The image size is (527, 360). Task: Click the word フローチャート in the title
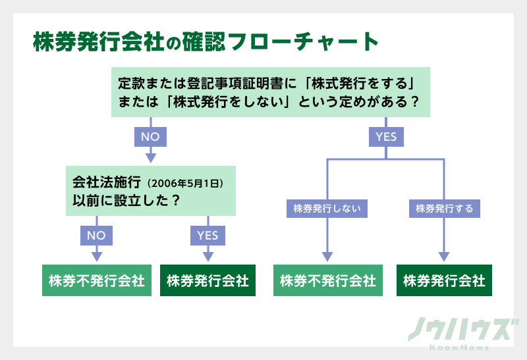click(315, 43)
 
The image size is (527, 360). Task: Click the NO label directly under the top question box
click(150, 137)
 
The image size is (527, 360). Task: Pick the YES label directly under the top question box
click(386, 137)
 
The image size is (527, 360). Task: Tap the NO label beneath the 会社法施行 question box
click(96, 234)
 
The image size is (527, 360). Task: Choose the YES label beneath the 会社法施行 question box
click(208, 234)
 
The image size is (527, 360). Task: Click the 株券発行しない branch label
click(327, 209)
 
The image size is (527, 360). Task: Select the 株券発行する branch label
click(445, 209)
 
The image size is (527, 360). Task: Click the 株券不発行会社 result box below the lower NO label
click(97, 280)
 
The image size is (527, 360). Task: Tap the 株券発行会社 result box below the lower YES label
click(208, 280)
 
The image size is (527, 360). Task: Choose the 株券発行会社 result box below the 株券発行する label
click(445, 280)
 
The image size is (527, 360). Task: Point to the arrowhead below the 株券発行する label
click(445, 255)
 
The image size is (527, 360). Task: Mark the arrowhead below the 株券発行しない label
click(327, 255)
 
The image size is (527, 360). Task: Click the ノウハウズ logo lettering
click(459, 329)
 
